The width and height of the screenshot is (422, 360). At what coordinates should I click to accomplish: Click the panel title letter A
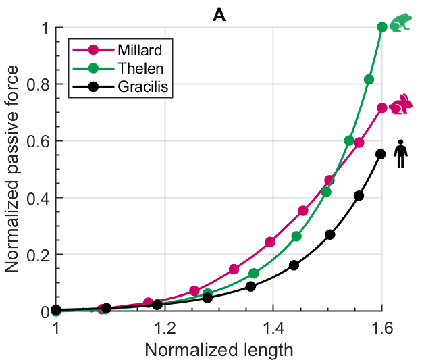pyautogui.click(x=219, y=15)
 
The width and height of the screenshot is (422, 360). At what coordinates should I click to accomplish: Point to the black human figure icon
pyautogui.click(x=400, y=153)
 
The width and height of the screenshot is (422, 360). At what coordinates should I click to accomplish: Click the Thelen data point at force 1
pyautogui.click(x=382, y=27)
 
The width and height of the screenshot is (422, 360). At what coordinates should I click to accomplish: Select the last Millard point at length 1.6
pyautogui.click(x=382, y=108)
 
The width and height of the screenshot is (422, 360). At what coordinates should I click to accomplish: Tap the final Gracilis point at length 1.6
pyautogui.click(x=380, y=154)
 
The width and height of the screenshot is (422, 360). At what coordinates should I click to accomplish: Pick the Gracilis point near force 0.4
pyautogui.click(x=359, y=196)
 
